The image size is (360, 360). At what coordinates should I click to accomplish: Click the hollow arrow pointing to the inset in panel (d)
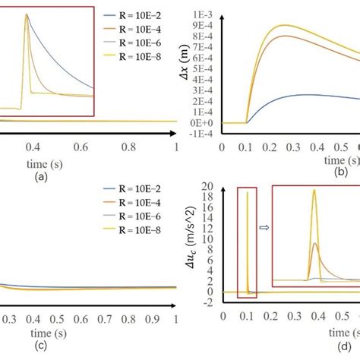tap(264, 226)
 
